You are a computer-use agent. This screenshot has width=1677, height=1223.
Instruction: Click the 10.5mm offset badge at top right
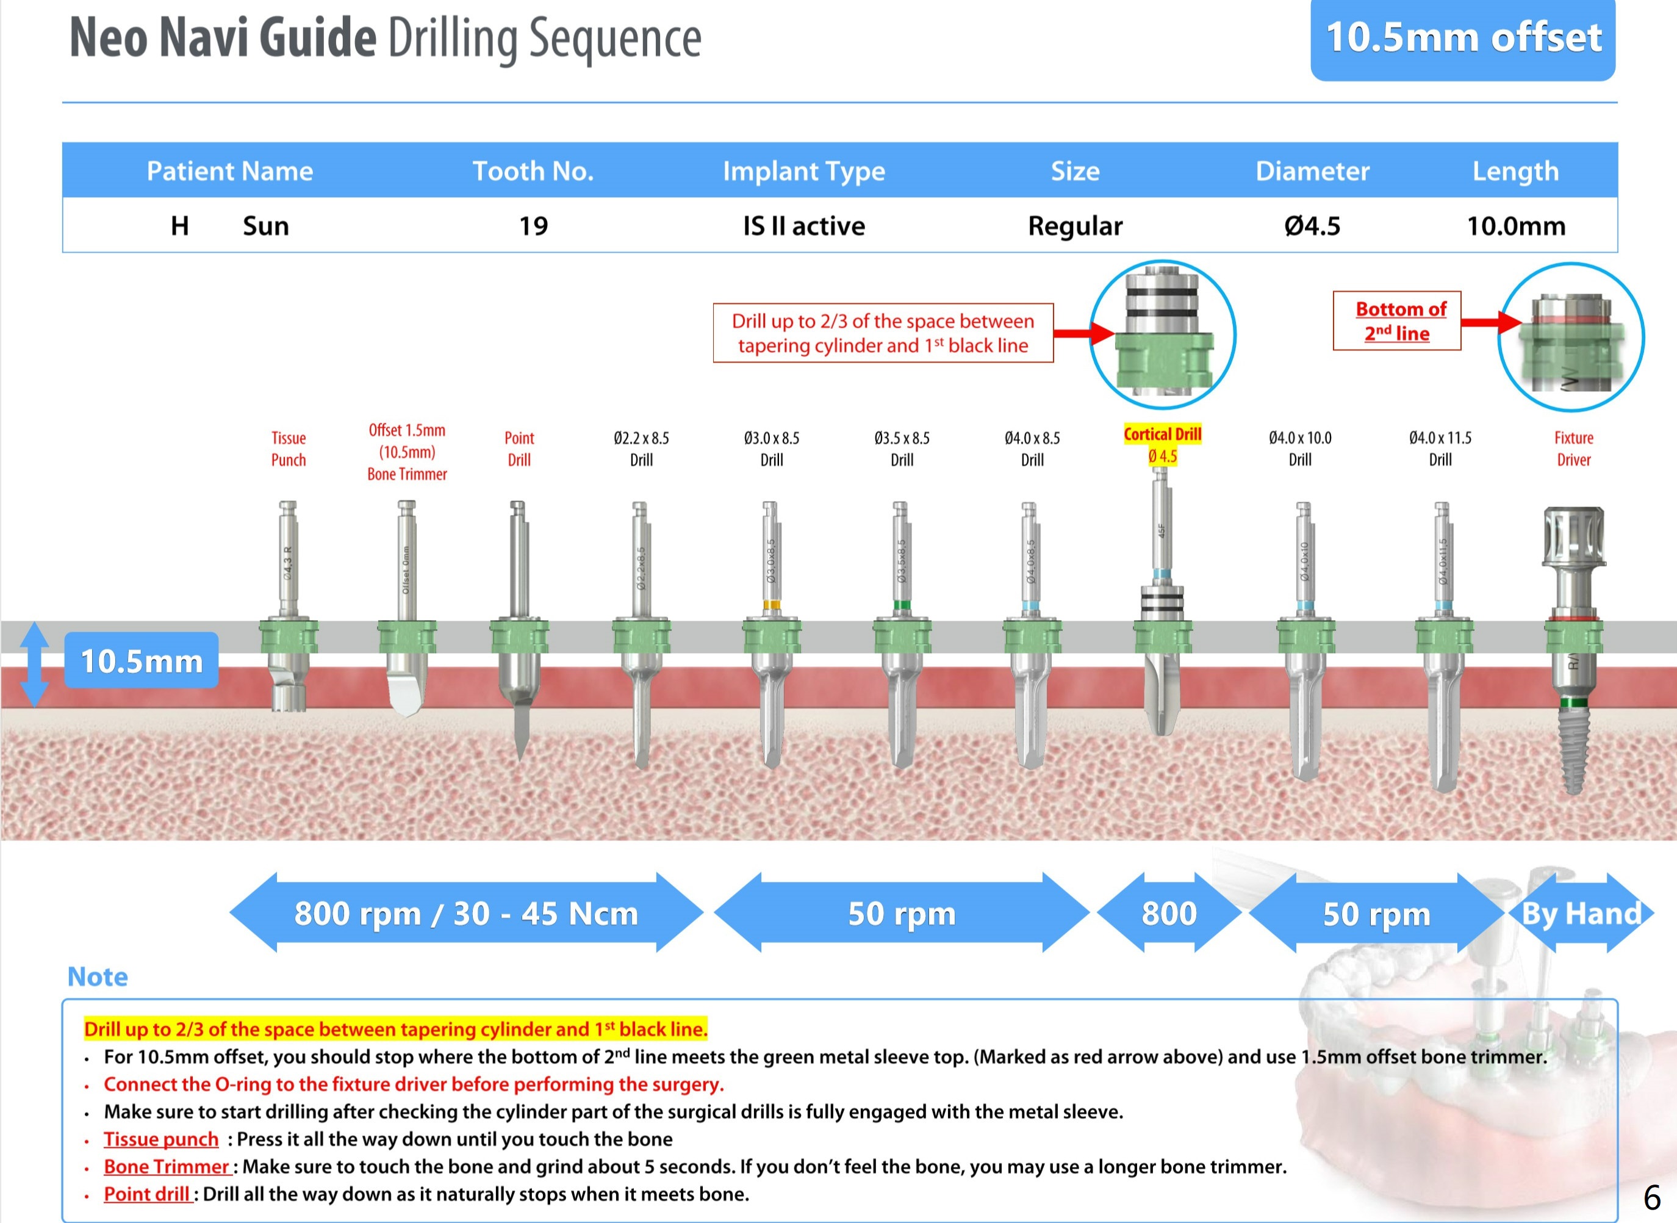[1462, 38]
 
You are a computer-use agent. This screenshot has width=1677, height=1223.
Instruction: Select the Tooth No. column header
[533, 171]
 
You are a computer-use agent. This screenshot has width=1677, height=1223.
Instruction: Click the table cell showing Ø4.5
[1312, 226]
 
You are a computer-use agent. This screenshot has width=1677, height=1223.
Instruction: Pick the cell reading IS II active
[803, 226]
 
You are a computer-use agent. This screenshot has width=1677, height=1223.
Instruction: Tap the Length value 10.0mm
[1516, 226]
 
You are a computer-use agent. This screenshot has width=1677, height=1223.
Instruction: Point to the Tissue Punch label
[288, 449]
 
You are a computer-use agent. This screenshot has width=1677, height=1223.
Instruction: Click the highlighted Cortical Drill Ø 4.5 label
[1162, 444]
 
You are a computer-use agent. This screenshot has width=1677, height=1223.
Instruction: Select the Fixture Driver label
[1573, 449]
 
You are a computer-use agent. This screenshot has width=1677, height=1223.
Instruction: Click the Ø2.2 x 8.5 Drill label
[641, 449]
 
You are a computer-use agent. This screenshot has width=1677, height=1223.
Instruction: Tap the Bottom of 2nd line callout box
[1396, 320]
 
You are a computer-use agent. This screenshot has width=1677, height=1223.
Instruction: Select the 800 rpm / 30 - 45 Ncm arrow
[466, 914]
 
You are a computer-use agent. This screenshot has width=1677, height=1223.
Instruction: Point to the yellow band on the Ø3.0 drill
[771, 605]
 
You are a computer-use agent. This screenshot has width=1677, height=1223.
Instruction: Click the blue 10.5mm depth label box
[142, 660]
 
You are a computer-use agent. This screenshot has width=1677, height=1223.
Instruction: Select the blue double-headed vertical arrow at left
[34, 664]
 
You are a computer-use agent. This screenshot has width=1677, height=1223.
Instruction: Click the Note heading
[98, 976]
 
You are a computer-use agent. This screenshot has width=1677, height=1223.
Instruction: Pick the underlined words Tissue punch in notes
[160, 1139]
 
